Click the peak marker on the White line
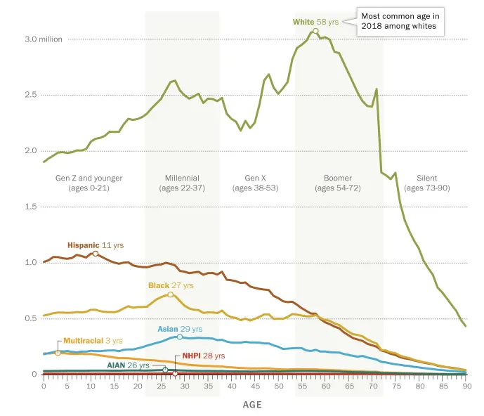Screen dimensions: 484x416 pyautogui.click(x=315, y=31)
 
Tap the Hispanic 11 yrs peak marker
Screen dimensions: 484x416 pyautogui.click(x=96, y=254)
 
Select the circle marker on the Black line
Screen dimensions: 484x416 pyautogui.click(x=171, y=294)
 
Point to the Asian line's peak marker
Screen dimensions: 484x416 pyautogui.click(x=180, y=337)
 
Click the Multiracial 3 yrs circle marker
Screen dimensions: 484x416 pyautogui.click(x=58, y=353)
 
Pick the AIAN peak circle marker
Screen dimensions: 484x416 pyautogui.click(x=165, y=370)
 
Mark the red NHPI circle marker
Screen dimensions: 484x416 pyautogui.click(x=175, y=374)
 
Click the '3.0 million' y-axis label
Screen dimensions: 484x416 pyautogui.click(x=44, y=39)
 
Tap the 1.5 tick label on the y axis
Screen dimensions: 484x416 pyautogui.click(x=31, y=207)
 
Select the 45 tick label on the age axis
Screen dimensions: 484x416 pyautogui.click(x=255, y=386)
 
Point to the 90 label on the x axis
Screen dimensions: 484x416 pyautogui.click(x=467, y=386)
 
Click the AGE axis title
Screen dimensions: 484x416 pyautogui.click(x=252, y=405)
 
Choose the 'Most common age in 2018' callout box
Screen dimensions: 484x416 pyautogui.click(x=400, y=21)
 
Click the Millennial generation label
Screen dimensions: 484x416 pyautogui.click(x=182, y=183)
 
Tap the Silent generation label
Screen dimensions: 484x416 pyautogui.click(x=427, y=183)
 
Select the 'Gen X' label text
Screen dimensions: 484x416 pyautogui.click(x=255, y=178)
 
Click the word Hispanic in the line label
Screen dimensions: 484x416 pyautogui.click(x=84, y=245)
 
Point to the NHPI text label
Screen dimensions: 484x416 pyautogui.click(x=191, y=356)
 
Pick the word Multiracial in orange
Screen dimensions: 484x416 pyautogui.click(x=84, y=341)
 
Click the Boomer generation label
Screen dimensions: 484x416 pyautogui.click(x=338, y=183)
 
